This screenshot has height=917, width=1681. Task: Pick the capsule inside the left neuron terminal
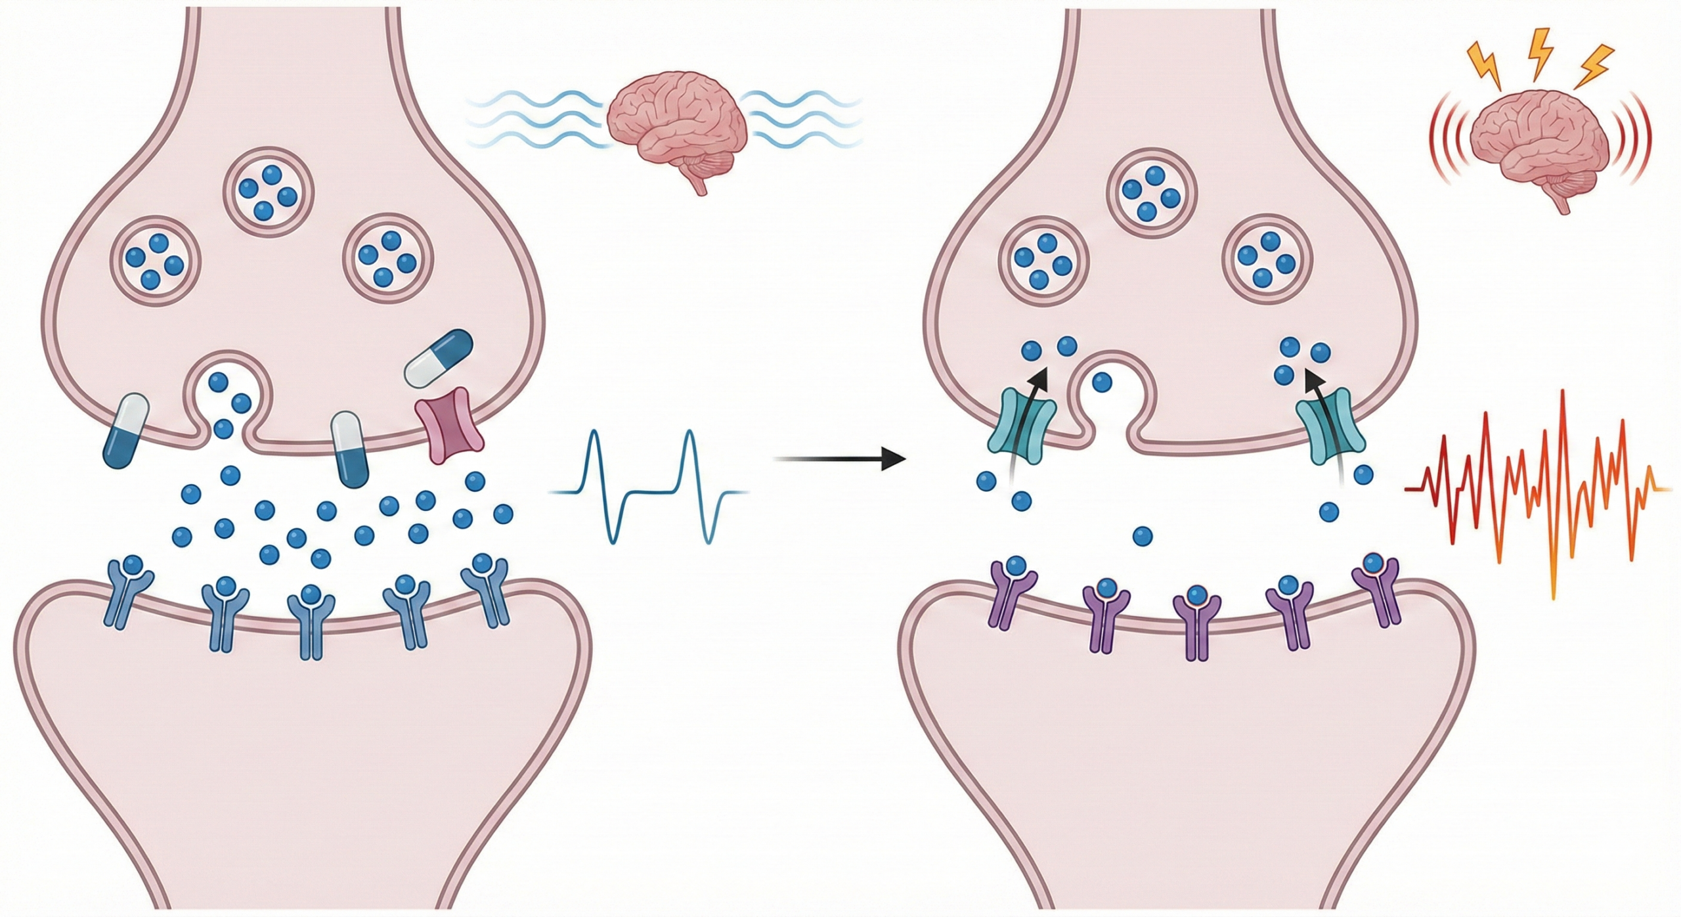439,359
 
